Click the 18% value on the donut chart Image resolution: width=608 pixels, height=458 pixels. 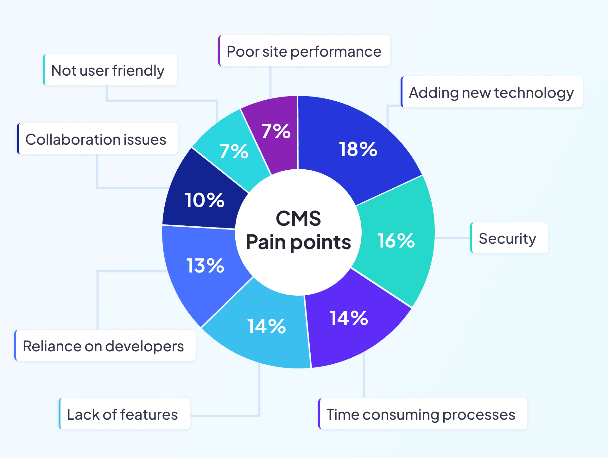pyautogui.click(x=358, y=149)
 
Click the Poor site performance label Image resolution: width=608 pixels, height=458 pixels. pyautogui.click(x=304, y=51)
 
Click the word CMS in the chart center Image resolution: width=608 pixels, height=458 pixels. pyautogui.click(x=298, y=218)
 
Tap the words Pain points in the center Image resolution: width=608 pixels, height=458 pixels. pyautogui.click(x=298, y=242)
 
